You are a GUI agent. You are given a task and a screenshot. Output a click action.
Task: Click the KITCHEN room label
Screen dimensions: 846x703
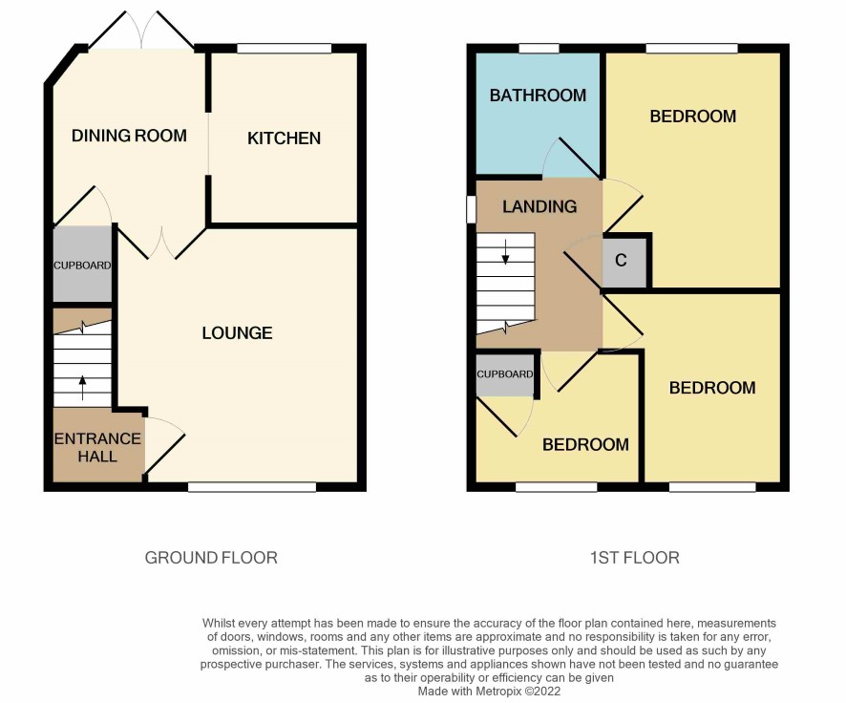coord(284,138)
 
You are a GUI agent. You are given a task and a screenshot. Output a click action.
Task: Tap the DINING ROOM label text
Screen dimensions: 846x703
coord(129,136)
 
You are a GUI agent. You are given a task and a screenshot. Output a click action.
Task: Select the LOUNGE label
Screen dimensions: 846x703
coord(237,333)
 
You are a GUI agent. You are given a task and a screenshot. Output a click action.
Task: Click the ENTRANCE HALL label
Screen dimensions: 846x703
coord(97,447)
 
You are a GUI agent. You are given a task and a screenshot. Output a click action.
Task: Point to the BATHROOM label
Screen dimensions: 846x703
coord(538,96)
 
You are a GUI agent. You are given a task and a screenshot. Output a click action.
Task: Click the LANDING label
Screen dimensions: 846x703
coord(539,206)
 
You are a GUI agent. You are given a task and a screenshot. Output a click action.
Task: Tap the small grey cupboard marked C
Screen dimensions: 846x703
coord(624,263)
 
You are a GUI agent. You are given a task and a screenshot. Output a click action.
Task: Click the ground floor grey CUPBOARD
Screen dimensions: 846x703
coord(82,264)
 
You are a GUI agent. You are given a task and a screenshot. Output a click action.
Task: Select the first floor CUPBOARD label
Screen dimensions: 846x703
coord(504,373)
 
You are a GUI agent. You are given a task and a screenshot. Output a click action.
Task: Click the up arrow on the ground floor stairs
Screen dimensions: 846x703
coord(82,388)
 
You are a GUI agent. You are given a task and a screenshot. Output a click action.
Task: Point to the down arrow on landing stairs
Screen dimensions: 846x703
coord(505,252)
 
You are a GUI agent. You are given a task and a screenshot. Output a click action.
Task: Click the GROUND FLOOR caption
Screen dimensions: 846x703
coord(211,557)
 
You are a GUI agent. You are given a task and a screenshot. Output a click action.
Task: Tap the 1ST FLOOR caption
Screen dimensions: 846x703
coord(634,557)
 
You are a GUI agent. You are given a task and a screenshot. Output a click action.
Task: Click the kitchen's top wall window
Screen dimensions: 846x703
coord(285,49)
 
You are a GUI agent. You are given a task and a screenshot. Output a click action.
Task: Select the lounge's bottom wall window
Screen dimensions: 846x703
coord(252,487)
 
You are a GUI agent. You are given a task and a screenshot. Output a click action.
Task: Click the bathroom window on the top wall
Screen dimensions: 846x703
coord(539,49)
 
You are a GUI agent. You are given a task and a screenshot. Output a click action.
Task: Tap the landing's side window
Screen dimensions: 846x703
coord(471,209)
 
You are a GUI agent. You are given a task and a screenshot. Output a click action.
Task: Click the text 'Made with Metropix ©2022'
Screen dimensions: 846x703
coord(490,692)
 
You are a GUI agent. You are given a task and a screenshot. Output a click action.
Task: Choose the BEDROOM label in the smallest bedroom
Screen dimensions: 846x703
coord(585,444)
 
